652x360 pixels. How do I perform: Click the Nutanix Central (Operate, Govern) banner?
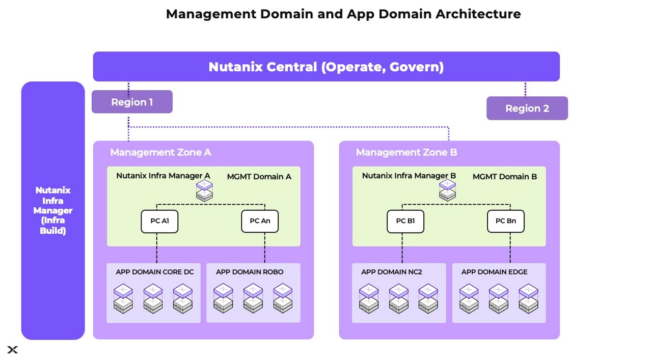(x=326, y=67)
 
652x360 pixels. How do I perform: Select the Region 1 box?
(x=132, y=102)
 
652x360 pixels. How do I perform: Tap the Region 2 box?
(x=527, y=108)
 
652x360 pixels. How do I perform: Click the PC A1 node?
(x=159, y=221)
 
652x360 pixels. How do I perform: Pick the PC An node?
(x=260, y=221)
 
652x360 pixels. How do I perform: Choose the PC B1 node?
(x=405, y=221)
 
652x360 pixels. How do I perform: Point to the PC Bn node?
(x=505, y=221)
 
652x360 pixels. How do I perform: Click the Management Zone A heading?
(x=160, y=152)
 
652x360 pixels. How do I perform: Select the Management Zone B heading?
(x=406, y=152)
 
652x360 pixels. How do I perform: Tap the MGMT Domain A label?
(x=259, y=177)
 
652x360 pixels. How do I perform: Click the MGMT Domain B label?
(x=504, y=177)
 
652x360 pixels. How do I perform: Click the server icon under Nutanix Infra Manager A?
(x=205, y=190)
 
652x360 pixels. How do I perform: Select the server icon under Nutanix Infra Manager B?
(x=447, y=190)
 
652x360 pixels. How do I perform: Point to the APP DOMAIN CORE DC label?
(x=154, y=272)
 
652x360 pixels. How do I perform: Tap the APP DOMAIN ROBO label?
(x=250, y=272)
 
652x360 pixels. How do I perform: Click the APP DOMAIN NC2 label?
(x=391, y=272)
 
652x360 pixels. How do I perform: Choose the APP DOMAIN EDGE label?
(x=494, y=272)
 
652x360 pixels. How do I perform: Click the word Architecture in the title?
(x=478, y=14)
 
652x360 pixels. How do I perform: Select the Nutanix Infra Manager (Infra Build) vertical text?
(x=53, y=210)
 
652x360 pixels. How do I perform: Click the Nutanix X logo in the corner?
(x=13, y=349)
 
